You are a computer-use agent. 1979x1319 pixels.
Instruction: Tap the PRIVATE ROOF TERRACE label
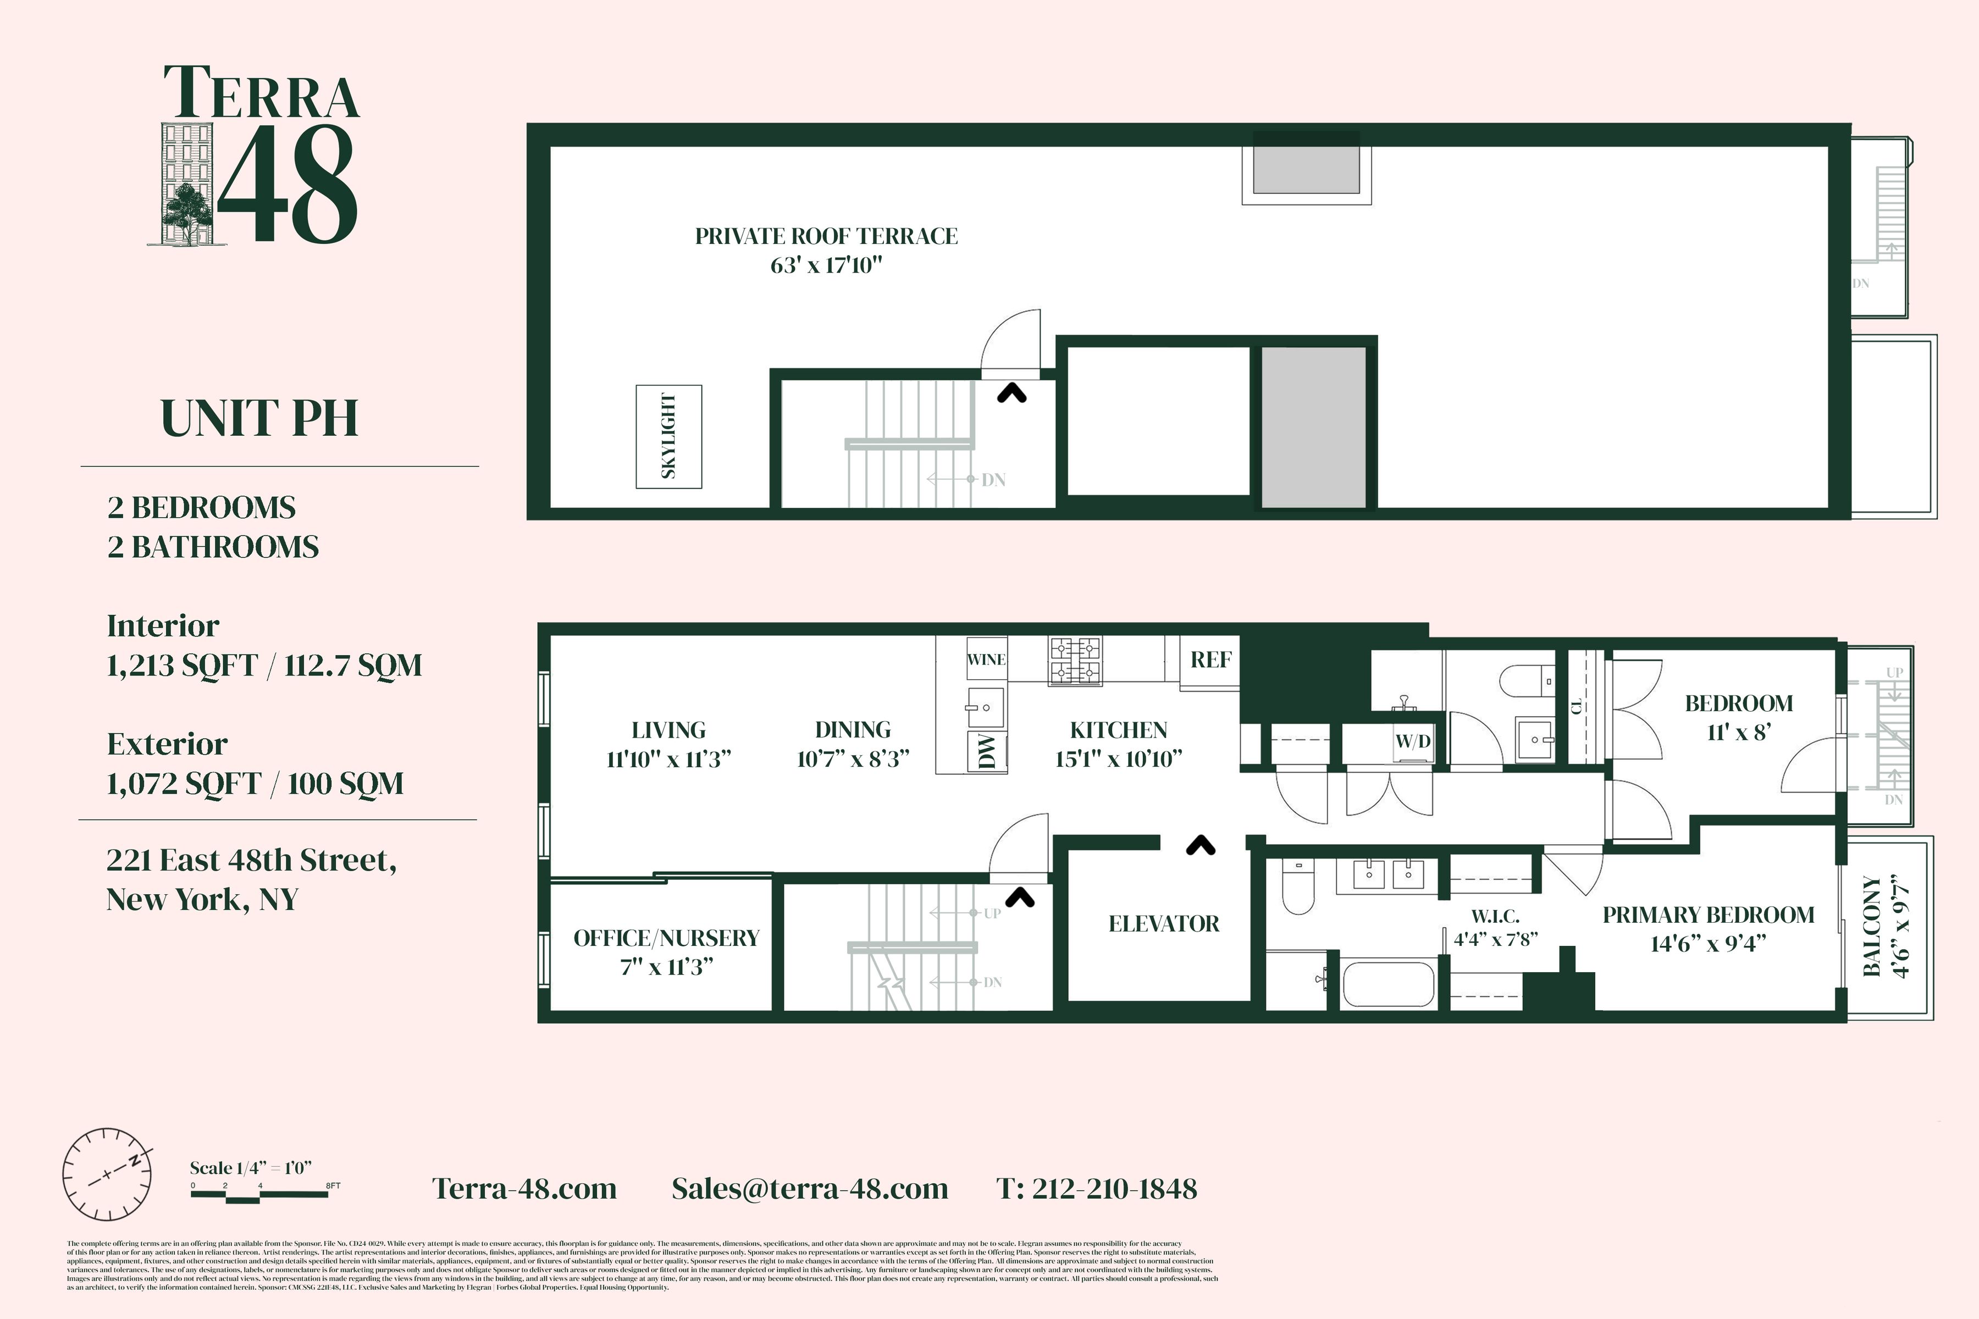(826, 236)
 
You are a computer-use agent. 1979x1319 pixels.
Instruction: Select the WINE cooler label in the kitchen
(986, 659)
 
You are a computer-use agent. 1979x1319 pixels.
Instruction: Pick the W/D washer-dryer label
(1413, 741)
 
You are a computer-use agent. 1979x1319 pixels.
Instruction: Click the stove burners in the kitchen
(1075, 661)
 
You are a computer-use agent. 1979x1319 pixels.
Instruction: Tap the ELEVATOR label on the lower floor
(1164, 924)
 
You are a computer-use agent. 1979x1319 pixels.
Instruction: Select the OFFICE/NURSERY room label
(666, 938)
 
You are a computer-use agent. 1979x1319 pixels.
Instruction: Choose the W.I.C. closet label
(1495, 916)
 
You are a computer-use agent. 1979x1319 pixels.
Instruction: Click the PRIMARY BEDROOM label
(1708, 915)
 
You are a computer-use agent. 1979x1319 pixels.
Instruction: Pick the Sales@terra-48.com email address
(809, 1189)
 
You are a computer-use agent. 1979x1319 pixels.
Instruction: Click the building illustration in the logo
(187, 184)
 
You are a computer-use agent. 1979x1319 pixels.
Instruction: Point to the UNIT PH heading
(259, 418)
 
